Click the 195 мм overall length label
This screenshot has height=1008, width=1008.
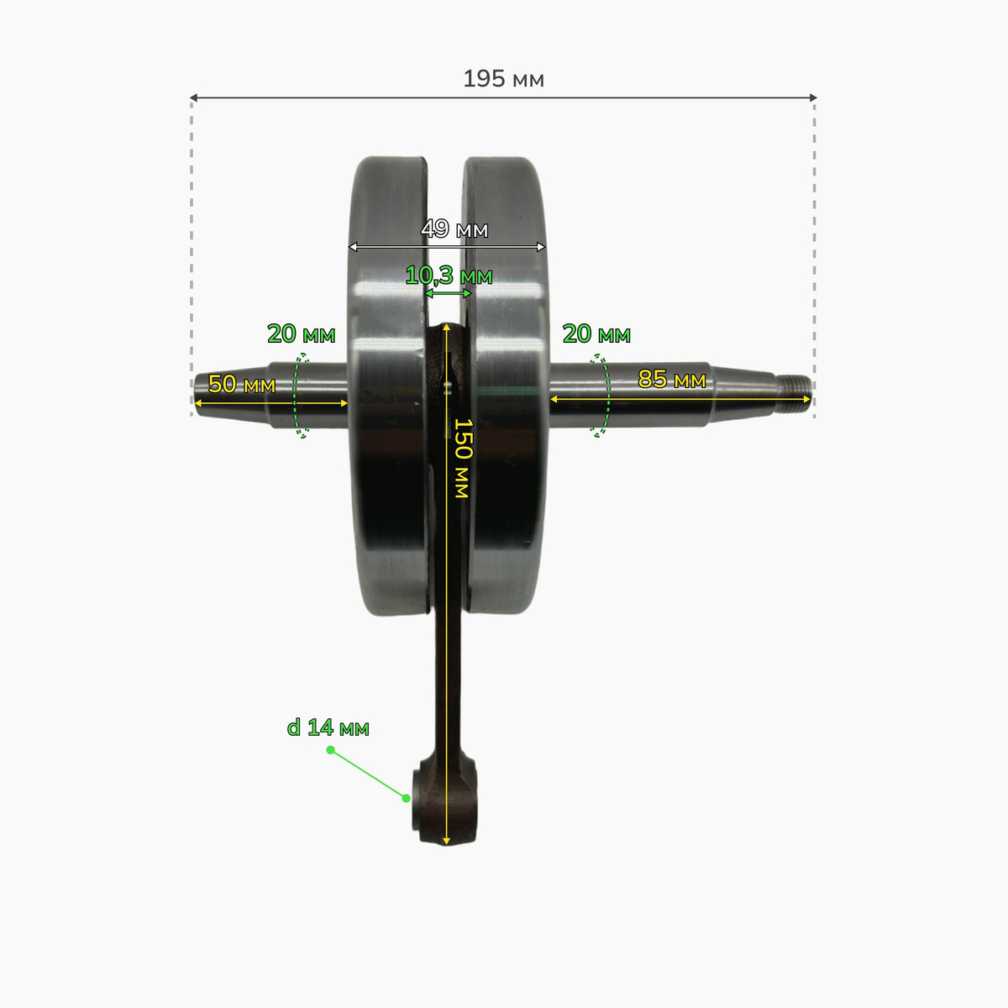(503, 79)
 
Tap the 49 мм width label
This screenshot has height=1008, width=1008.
(454, 228)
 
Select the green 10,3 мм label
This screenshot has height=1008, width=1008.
(449, 276)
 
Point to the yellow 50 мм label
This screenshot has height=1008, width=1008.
(242, 385)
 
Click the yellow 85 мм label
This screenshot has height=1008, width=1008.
(672, 379)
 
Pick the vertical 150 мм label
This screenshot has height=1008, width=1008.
(462, 458)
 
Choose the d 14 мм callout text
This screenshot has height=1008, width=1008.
(328, 727)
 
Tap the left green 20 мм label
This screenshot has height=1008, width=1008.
(302, 333)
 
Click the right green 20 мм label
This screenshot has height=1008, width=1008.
(596, 333)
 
